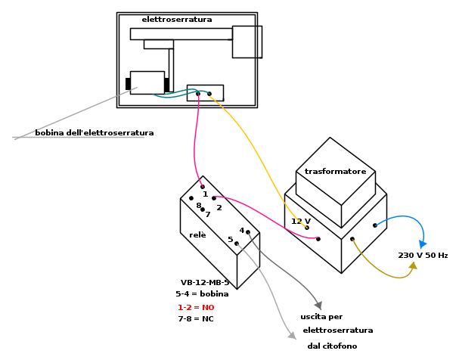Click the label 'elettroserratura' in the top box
176,20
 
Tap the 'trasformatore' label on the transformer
335,172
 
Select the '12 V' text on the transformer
301,222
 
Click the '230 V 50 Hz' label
423,256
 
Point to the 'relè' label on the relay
197,235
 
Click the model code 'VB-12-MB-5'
204,282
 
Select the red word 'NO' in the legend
208,308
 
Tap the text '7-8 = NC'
195,319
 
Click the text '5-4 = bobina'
202,294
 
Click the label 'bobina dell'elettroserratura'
94,133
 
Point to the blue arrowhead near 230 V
423,244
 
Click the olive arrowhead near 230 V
413,265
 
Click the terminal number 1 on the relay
205,194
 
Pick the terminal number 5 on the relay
231,240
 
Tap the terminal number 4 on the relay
241,231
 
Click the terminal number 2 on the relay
219,207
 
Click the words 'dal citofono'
332,346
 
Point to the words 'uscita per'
321,317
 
